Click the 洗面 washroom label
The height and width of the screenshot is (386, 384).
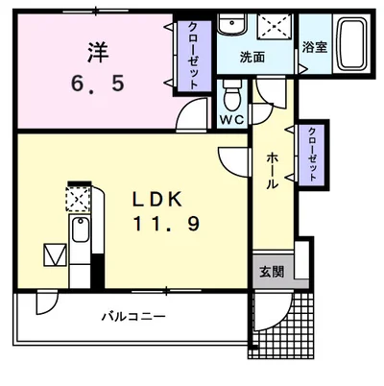click(x=252, y=57)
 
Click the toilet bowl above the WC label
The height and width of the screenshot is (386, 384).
click(x=230, y=97)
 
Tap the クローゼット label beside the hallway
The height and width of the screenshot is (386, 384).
click(x=313, y=153)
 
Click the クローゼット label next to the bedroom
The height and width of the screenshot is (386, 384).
click(x=193, y=55)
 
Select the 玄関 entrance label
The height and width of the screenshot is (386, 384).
click(x=271, y=271)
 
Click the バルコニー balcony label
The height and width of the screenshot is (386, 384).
click(x=134, y=316)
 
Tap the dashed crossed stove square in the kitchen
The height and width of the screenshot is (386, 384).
click(x=76, y=198)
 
